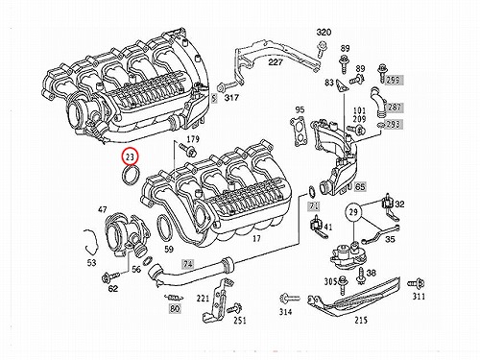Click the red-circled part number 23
click(x=131, y=156)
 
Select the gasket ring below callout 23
click(x=125, y=176)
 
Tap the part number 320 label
click(x=324, y=33)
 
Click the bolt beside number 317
click(x=225, y=87)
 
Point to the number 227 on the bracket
click(x=276, y=61)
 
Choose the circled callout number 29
click(x=353, y=212)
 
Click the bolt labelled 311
click(x=416, y=284)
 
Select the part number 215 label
click(x=361, y=320)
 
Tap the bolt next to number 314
click(x=289, y=299)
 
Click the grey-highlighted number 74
click(x=188, y=264)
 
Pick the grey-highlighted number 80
click(x=175, y=309)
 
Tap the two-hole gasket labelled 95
click(x=300, y=132)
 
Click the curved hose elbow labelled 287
click(x=377, y=100)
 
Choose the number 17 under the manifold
click(x=256, y=238)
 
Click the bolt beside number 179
click(x=187, y=150)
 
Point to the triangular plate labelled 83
click(x=341, y=86)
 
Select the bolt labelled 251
click(x=234, y=308)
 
